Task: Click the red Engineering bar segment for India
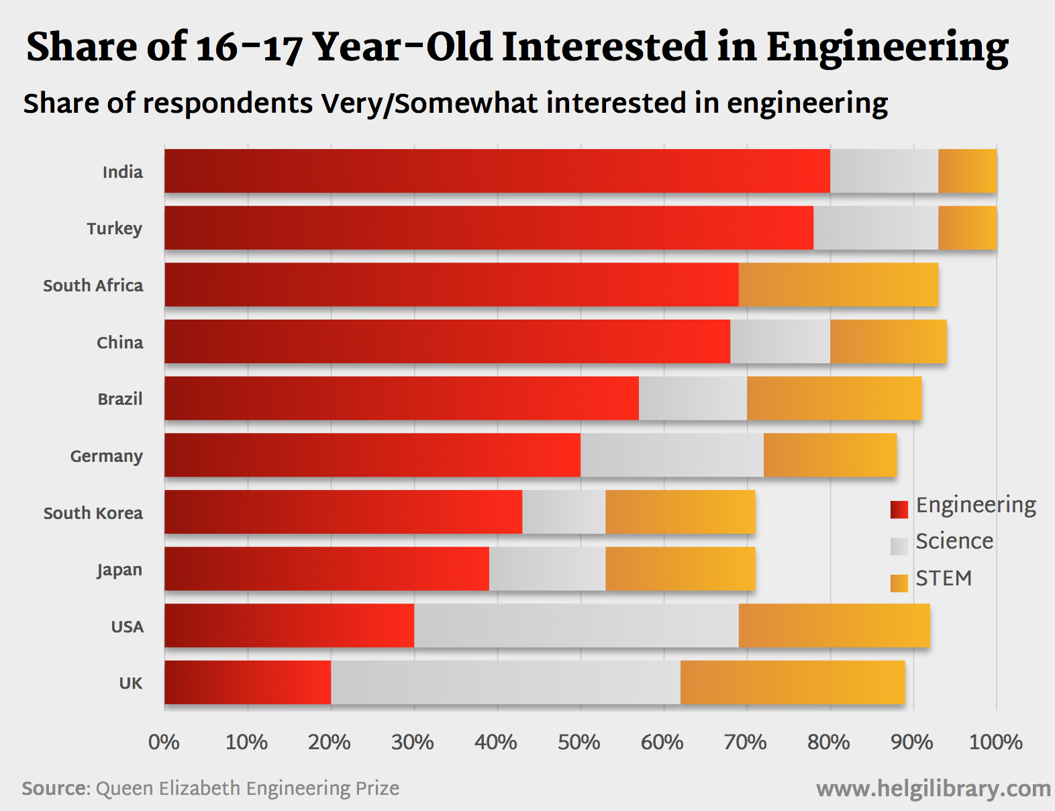pyautogui.click(x=497, y=171)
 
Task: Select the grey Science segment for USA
pyautogui.click(x=576, y=626)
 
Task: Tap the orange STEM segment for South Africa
pyautogui.click(x=838, y=285)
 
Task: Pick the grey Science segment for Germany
pyautogui.click(x=672, y=455)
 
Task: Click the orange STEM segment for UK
pyautogui.click(x=793, y=683)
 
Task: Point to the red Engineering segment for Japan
pyautogui.click(x=327, y=569)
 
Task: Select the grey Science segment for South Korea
pyautogui.click(x=564, y=512)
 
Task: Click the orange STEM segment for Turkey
pyautogui.click(x=967, y=228)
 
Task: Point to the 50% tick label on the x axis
pyautogui.click(x=579, y=742)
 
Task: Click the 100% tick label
pyautogui.click(x=995, y=742)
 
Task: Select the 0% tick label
pyautogui.click(x=164, y=742)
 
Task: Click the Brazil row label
pyautogui.click(x=120, y=399)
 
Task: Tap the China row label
pyautogui.click(x=120, y=342)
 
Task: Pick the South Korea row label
pyautogui.click(x=93, y=513)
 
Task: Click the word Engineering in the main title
pyautogui.click(x=887, y=48)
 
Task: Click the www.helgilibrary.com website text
pyautogui.click(x=933, y=788)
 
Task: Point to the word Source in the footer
pyautogui.click(x=55, y=788)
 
